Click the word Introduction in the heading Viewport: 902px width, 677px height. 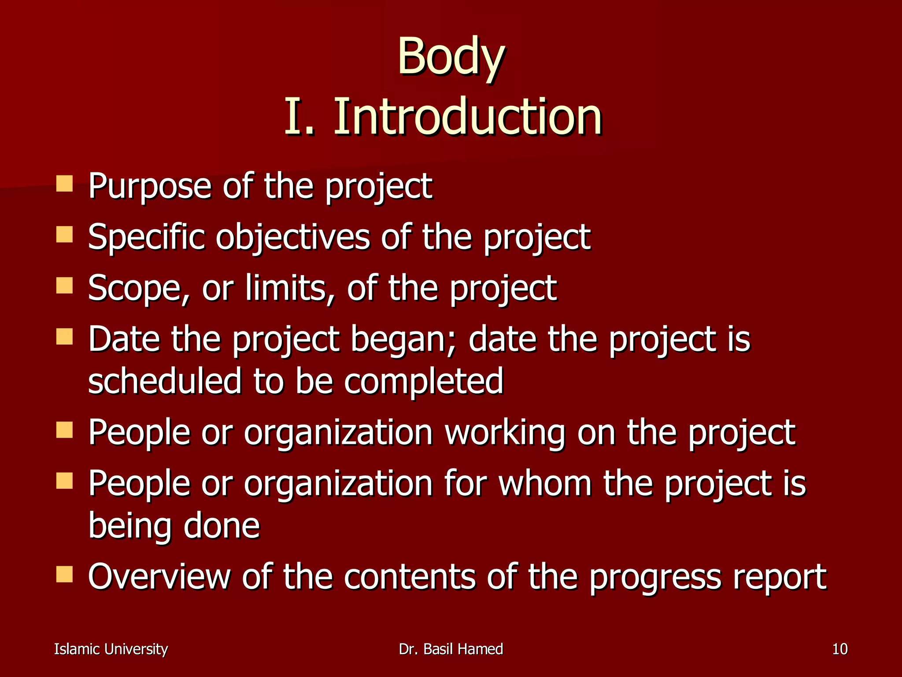[467, 117]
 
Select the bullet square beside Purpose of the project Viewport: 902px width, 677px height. [64, 183]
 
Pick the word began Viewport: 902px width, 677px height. [403, 340]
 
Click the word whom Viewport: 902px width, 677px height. [545, 484]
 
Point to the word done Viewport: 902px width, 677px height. [222, 526]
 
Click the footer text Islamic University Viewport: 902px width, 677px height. [111, 649]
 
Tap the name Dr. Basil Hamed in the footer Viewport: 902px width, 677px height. [451, 649]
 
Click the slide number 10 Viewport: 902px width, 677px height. [840, 649]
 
